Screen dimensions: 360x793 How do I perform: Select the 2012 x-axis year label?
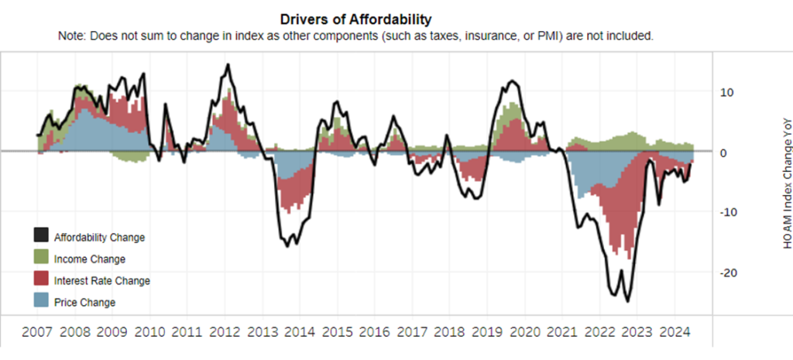click(223, 335)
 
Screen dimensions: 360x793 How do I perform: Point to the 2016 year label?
click(374, 335)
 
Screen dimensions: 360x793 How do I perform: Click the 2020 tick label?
click(525, 335)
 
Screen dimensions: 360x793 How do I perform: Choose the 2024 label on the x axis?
click(676, 335)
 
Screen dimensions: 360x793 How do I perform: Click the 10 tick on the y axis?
click(725, 92)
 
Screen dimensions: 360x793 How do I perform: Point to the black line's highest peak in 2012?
click(227, 65)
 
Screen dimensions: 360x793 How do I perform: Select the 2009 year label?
click(110, 335)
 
